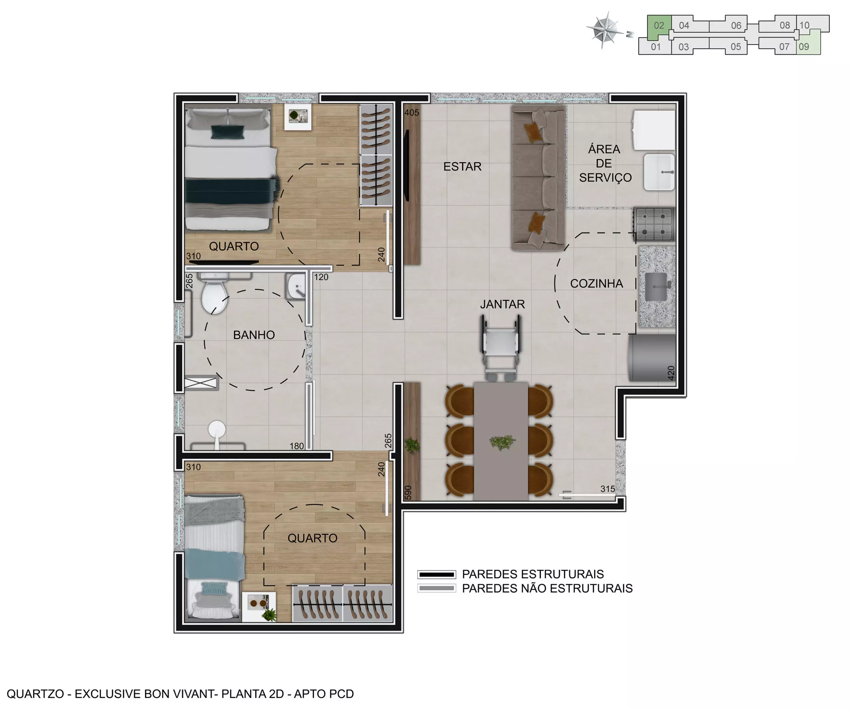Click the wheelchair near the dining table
pos(500,348)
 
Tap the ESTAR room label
pos(462,167)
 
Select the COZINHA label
pos(596,284)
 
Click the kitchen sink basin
pos(656,287)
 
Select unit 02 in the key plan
pos(658,26)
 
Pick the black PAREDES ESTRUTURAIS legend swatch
pos(436,574)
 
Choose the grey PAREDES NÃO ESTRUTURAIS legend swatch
pos(436,588)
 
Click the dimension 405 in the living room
pos(412,113)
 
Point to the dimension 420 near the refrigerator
pos(671,373)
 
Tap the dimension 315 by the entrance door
pos(608,489)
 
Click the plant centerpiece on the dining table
pos(502,442)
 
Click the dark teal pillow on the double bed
pos(227,132)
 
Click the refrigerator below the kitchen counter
pos(652,358)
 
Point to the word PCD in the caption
pos(342,694)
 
